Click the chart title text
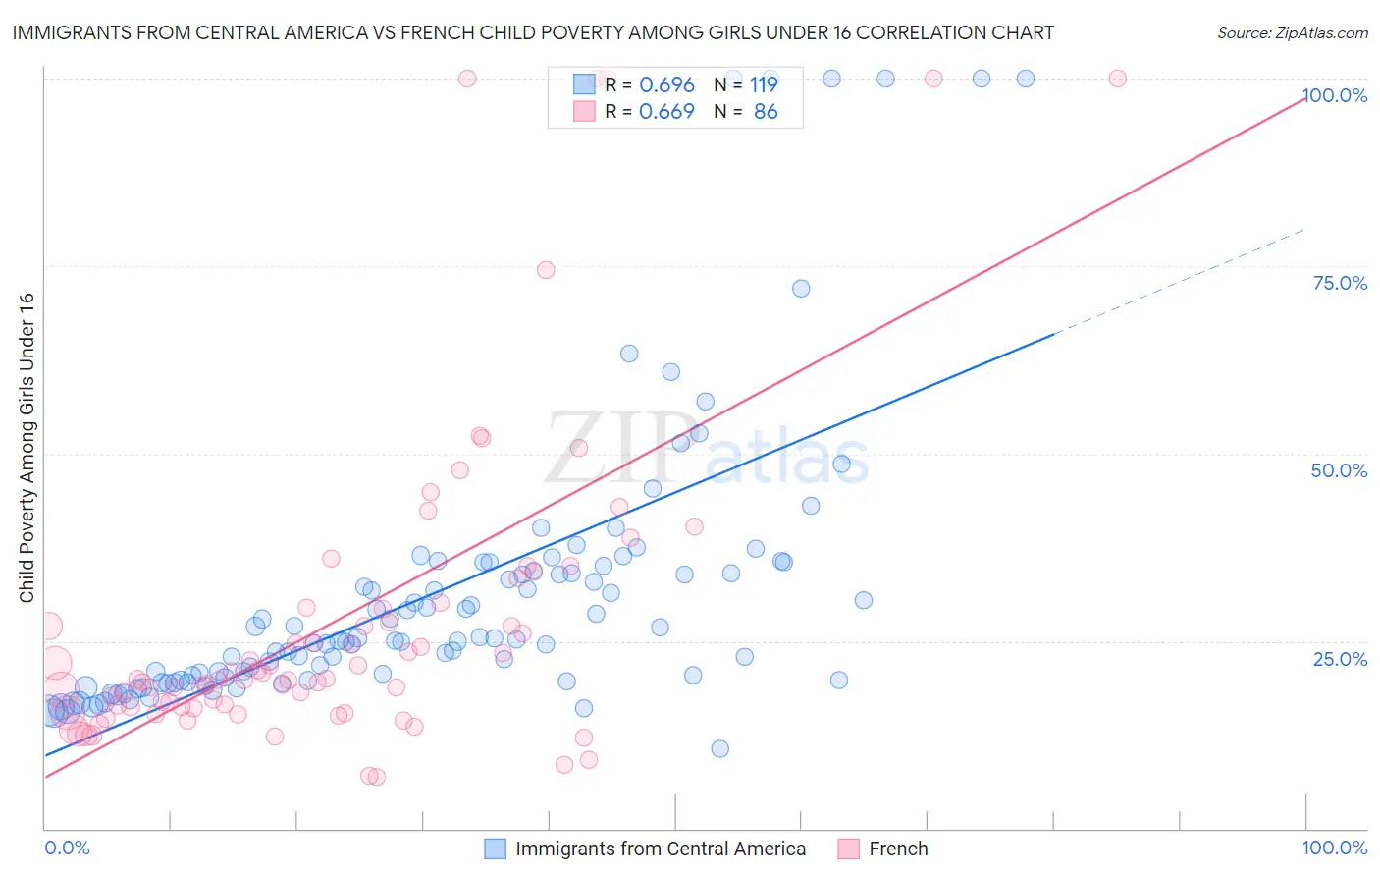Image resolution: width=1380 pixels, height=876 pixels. [533, 32]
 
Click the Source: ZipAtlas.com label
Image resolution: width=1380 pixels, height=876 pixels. [1292, 32]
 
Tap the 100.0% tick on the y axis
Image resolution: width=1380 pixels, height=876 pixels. [1334, 95]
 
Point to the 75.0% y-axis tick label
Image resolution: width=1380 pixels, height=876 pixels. [1340, 283]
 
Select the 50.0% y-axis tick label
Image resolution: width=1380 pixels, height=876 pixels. [1339, 470]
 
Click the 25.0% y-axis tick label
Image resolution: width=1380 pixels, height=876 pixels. [1340, 658]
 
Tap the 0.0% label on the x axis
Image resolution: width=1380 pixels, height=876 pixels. [67, 848]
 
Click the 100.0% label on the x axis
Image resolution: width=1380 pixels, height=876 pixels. [1334, 848]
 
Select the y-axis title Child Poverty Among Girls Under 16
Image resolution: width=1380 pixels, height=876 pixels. [27, 448]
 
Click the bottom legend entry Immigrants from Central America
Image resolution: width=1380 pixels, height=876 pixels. [660, 849]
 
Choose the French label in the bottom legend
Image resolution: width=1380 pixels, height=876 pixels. [897, 849]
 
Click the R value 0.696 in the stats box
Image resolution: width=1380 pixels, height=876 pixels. [666, 85]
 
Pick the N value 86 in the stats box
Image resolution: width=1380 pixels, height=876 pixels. [766, 112]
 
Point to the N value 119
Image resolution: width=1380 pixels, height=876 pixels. [764, 85]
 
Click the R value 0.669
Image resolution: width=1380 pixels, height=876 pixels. [666, 112]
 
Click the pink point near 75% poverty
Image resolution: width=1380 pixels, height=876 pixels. [546, 270]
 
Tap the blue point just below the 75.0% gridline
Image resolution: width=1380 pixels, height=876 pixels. [801, 289]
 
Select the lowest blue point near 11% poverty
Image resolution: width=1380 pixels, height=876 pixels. [719, 748]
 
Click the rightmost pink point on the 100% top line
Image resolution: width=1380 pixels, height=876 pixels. [1117, 79]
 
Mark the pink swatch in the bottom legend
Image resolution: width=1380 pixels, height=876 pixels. [848, 849]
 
